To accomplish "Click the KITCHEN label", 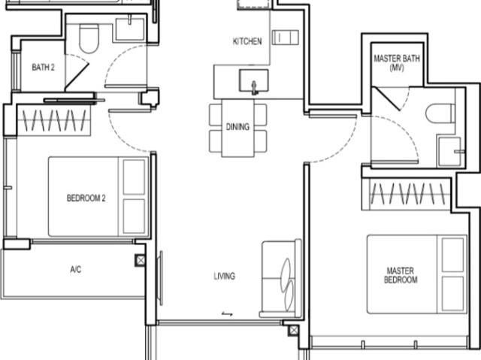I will coord(247,41).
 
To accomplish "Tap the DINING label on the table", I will coord(237,127).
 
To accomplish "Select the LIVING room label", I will coord(224,276).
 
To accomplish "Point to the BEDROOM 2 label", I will coord(86,198).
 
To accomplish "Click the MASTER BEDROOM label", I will coord(401,275).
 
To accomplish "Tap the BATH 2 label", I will coord(43,68).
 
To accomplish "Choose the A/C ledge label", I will coord(75,269).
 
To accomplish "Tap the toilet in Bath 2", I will coord(89,39).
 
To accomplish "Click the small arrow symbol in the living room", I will coord(227,314).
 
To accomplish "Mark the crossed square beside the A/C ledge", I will coord(141,260).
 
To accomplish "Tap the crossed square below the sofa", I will coord(293,329).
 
